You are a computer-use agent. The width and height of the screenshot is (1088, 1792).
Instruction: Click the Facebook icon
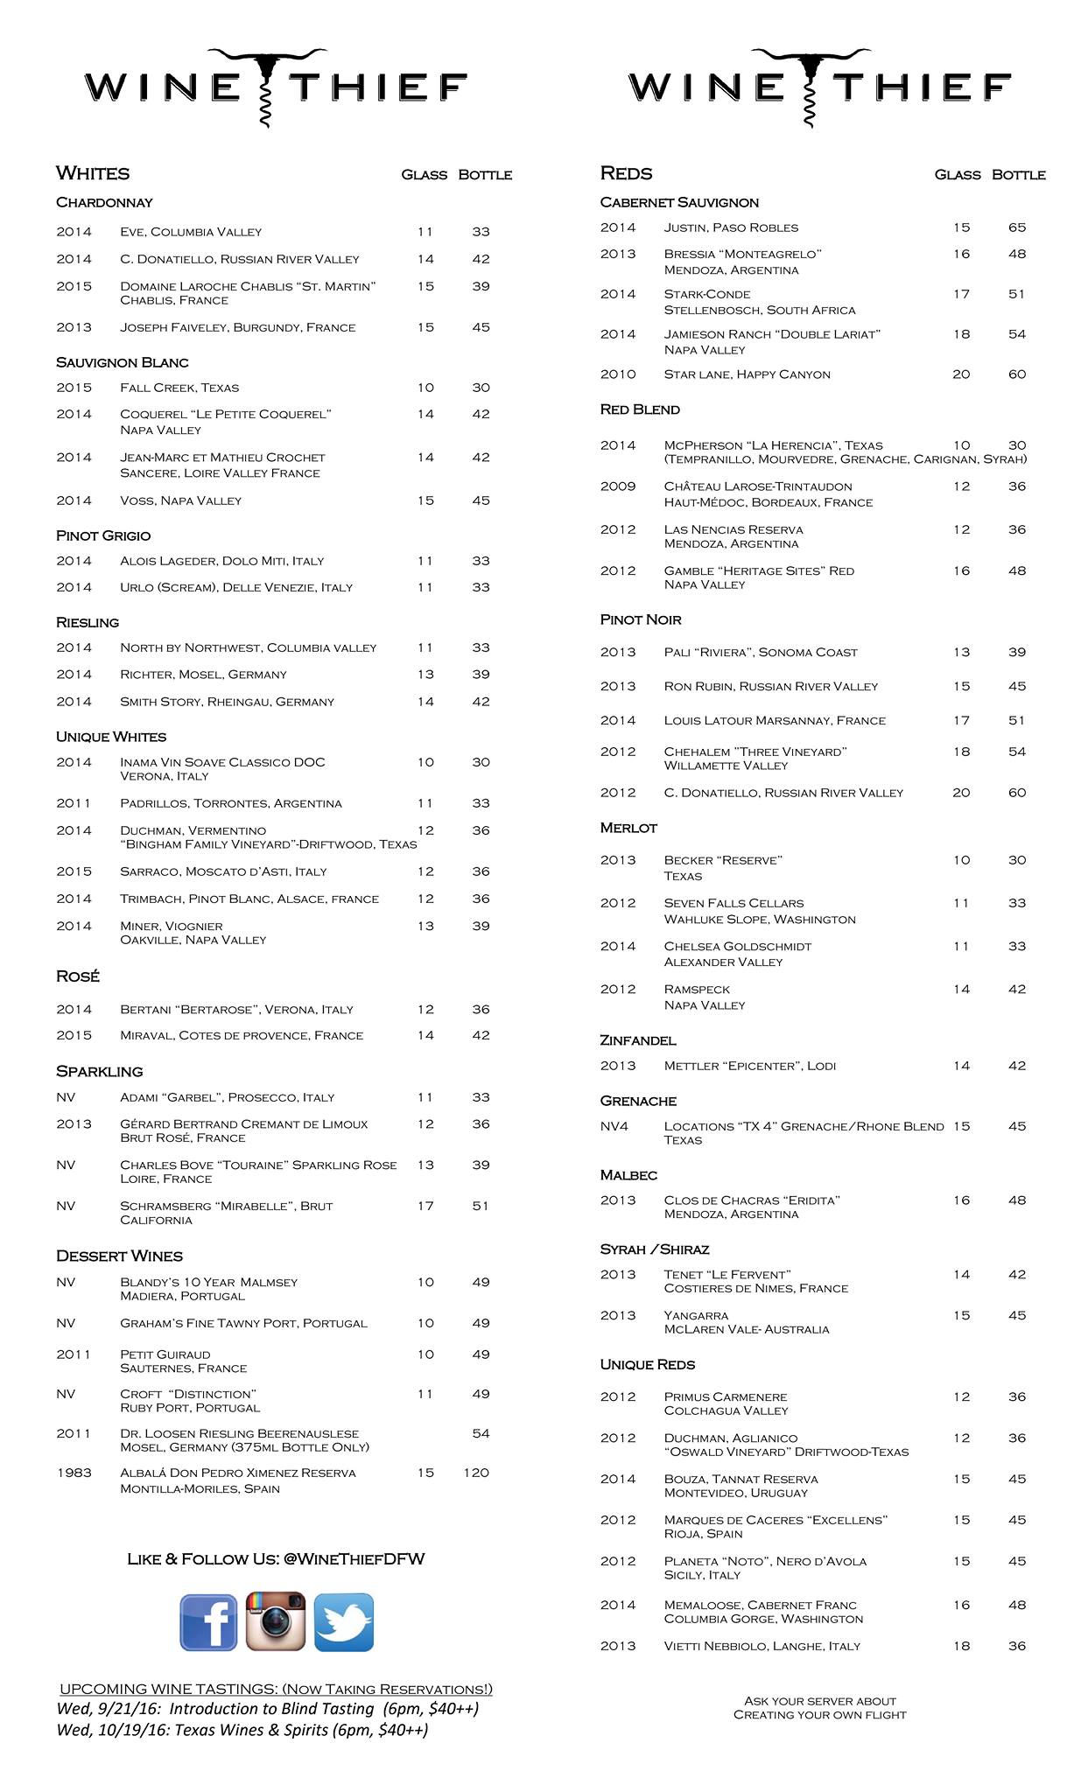(x=208, y=1621)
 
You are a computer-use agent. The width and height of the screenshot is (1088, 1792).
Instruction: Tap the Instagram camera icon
(x=276, y=1621)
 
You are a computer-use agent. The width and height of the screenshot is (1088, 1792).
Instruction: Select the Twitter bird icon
(x=344, y=1621)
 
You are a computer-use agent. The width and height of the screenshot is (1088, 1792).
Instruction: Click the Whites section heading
(x=93, y=173)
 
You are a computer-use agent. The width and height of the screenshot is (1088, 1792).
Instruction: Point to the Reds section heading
(x=626, y=173)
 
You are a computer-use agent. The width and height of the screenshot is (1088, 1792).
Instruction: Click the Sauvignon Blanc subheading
(x=123, y=362)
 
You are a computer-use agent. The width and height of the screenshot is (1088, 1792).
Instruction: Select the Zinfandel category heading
(x=638, y=1040)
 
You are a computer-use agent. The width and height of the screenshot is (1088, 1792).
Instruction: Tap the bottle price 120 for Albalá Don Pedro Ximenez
(x=476, y=1473)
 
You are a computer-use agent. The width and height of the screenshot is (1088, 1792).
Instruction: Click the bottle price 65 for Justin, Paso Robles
(x=1016, y=227)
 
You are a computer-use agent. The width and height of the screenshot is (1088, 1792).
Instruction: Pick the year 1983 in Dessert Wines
(x=74, y=1473)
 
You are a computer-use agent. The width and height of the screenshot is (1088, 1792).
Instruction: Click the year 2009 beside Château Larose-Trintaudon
(x=618, y=486)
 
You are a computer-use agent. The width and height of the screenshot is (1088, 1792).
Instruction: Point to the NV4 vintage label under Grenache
(x=614, y=1126)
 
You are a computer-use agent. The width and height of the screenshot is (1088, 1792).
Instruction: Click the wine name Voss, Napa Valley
(x=181, y=500)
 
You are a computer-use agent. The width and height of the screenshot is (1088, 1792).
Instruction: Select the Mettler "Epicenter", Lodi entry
(x=750, y=1066)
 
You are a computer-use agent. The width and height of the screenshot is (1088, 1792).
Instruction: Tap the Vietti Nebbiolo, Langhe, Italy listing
(x=762, y=1646)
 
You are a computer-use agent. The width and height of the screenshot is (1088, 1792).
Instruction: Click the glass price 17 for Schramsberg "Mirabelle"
(x=425, y=1206)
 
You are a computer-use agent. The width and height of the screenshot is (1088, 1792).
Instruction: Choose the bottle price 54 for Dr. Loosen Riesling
(x=481, y=1433)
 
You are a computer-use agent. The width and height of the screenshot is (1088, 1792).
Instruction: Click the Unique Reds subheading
(x=648, y=1364)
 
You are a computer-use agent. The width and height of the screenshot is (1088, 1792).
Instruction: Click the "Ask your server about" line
(x=820, y=1701)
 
